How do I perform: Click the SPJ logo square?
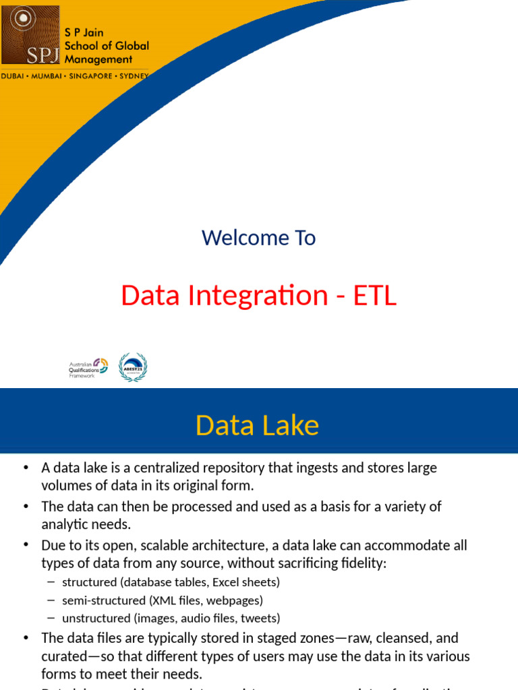(x=30, y=34)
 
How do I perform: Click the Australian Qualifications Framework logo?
(x=88, y=367)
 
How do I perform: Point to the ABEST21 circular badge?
(x=133, y=367)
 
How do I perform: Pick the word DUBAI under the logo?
(x=14, y=76)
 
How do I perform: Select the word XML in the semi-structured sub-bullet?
(x=169, y=600)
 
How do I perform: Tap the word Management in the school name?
(x=98, y=59)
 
